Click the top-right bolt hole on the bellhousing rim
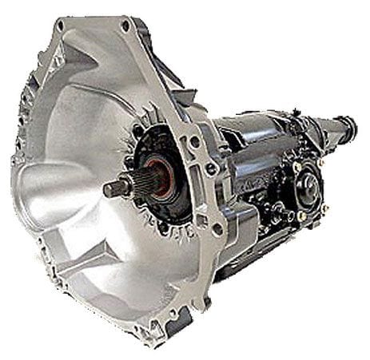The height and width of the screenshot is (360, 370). click(125, 26)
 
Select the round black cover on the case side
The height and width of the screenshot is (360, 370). click(308, 185)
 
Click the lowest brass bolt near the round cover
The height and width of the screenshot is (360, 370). click(302, 216)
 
